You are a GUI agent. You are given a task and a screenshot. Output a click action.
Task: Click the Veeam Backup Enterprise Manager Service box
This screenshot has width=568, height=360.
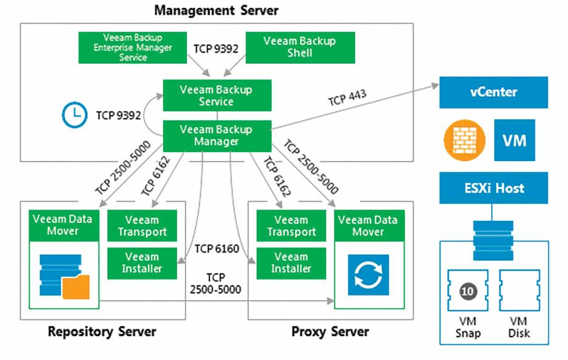pyautogui.click(x=133, y=48)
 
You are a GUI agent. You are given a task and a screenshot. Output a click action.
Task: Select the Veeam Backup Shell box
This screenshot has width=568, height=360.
pyautogui.click(x=300, y=48)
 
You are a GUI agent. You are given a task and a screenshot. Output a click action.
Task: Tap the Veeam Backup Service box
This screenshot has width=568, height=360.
pyautogui.click(x=217, y=95)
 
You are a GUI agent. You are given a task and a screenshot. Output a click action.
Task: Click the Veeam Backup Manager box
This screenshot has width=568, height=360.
pyautogui.click(x=217, y=136)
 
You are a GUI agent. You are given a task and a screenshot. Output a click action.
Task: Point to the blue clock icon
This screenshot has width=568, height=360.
pyautogui.click(x=75, y=115)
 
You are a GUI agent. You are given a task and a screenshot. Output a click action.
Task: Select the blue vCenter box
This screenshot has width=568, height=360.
pyautogui.click(x=494, y=92)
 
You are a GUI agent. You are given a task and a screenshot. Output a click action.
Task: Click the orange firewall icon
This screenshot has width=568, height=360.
pyautogui.click(x=464, y=140)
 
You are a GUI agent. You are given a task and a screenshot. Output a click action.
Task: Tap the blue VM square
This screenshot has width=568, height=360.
pyautogui.click(x=514, y=140)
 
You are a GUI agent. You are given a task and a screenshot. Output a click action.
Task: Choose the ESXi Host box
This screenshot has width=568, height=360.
pyautogui.click(x=494, y=188)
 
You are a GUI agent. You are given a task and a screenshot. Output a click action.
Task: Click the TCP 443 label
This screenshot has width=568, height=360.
pyautogui.click(x=347, y=98)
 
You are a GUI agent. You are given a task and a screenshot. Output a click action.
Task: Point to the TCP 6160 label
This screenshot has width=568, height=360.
pyautogui.click(x=217, y=249)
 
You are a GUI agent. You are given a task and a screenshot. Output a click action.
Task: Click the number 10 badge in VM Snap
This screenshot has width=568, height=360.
pyautogui.click(x=468, y=291)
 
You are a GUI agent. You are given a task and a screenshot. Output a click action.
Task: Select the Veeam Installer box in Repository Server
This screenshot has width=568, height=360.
pyautogui.click(x=142, y=263)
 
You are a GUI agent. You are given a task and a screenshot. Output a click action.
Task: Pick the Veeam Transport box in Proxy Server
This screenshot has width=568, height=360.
pyautogui.click(x=291, y=226)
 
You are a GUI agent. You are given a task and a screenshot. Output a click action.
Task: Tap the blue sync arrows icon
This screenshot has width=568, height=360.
pyautogui.click(x=368, y=275)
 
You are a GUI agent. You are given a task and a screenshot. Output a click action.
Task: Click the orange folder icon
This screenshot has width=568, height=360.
pyautogui.click(x=76, y=286)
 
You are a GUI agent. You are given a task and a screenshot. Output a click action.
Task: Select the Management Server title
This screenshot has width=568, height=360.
pyautogui.click(x=216, y=11)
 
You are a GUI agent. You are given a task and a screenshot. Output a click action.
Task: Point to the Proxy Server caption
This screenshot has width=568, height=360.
pyautogui.click(x=330, y=332)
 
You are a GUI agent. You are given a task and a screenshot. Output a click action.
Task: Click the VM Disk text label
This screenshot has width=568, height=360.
pyautogui.click(x=519, y=327)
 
